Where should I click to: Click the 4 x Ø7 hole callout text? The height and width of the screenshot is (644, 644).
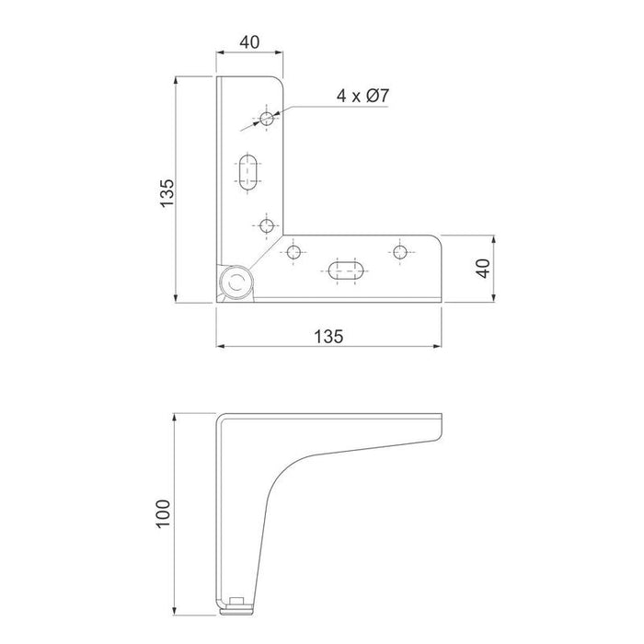[362, 96]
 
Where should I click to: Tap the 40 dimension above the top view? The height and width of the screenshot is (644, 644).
[249, 42]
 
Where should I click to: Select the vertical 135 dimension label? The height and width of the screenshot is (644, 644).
[167, 193]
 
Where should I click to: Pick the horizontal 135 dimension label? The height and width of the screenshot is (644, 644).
[328, 337]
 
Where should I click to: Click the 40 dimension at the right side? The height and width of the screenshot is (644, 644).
[484, 269]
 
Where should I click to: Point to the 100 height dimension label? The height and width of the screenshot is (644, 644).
[164, 513]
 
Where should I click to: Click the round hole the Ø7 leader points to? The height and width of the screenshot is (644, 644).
[267, 119]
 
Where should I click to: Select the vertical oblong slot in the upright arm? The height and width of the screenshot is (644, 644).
[247, 173]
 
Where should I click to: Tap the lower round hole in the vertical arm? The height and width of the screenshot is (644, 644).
[267, 225]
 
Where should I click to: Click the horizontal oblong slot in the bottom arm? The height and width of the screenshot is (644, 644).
[346, 270]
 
